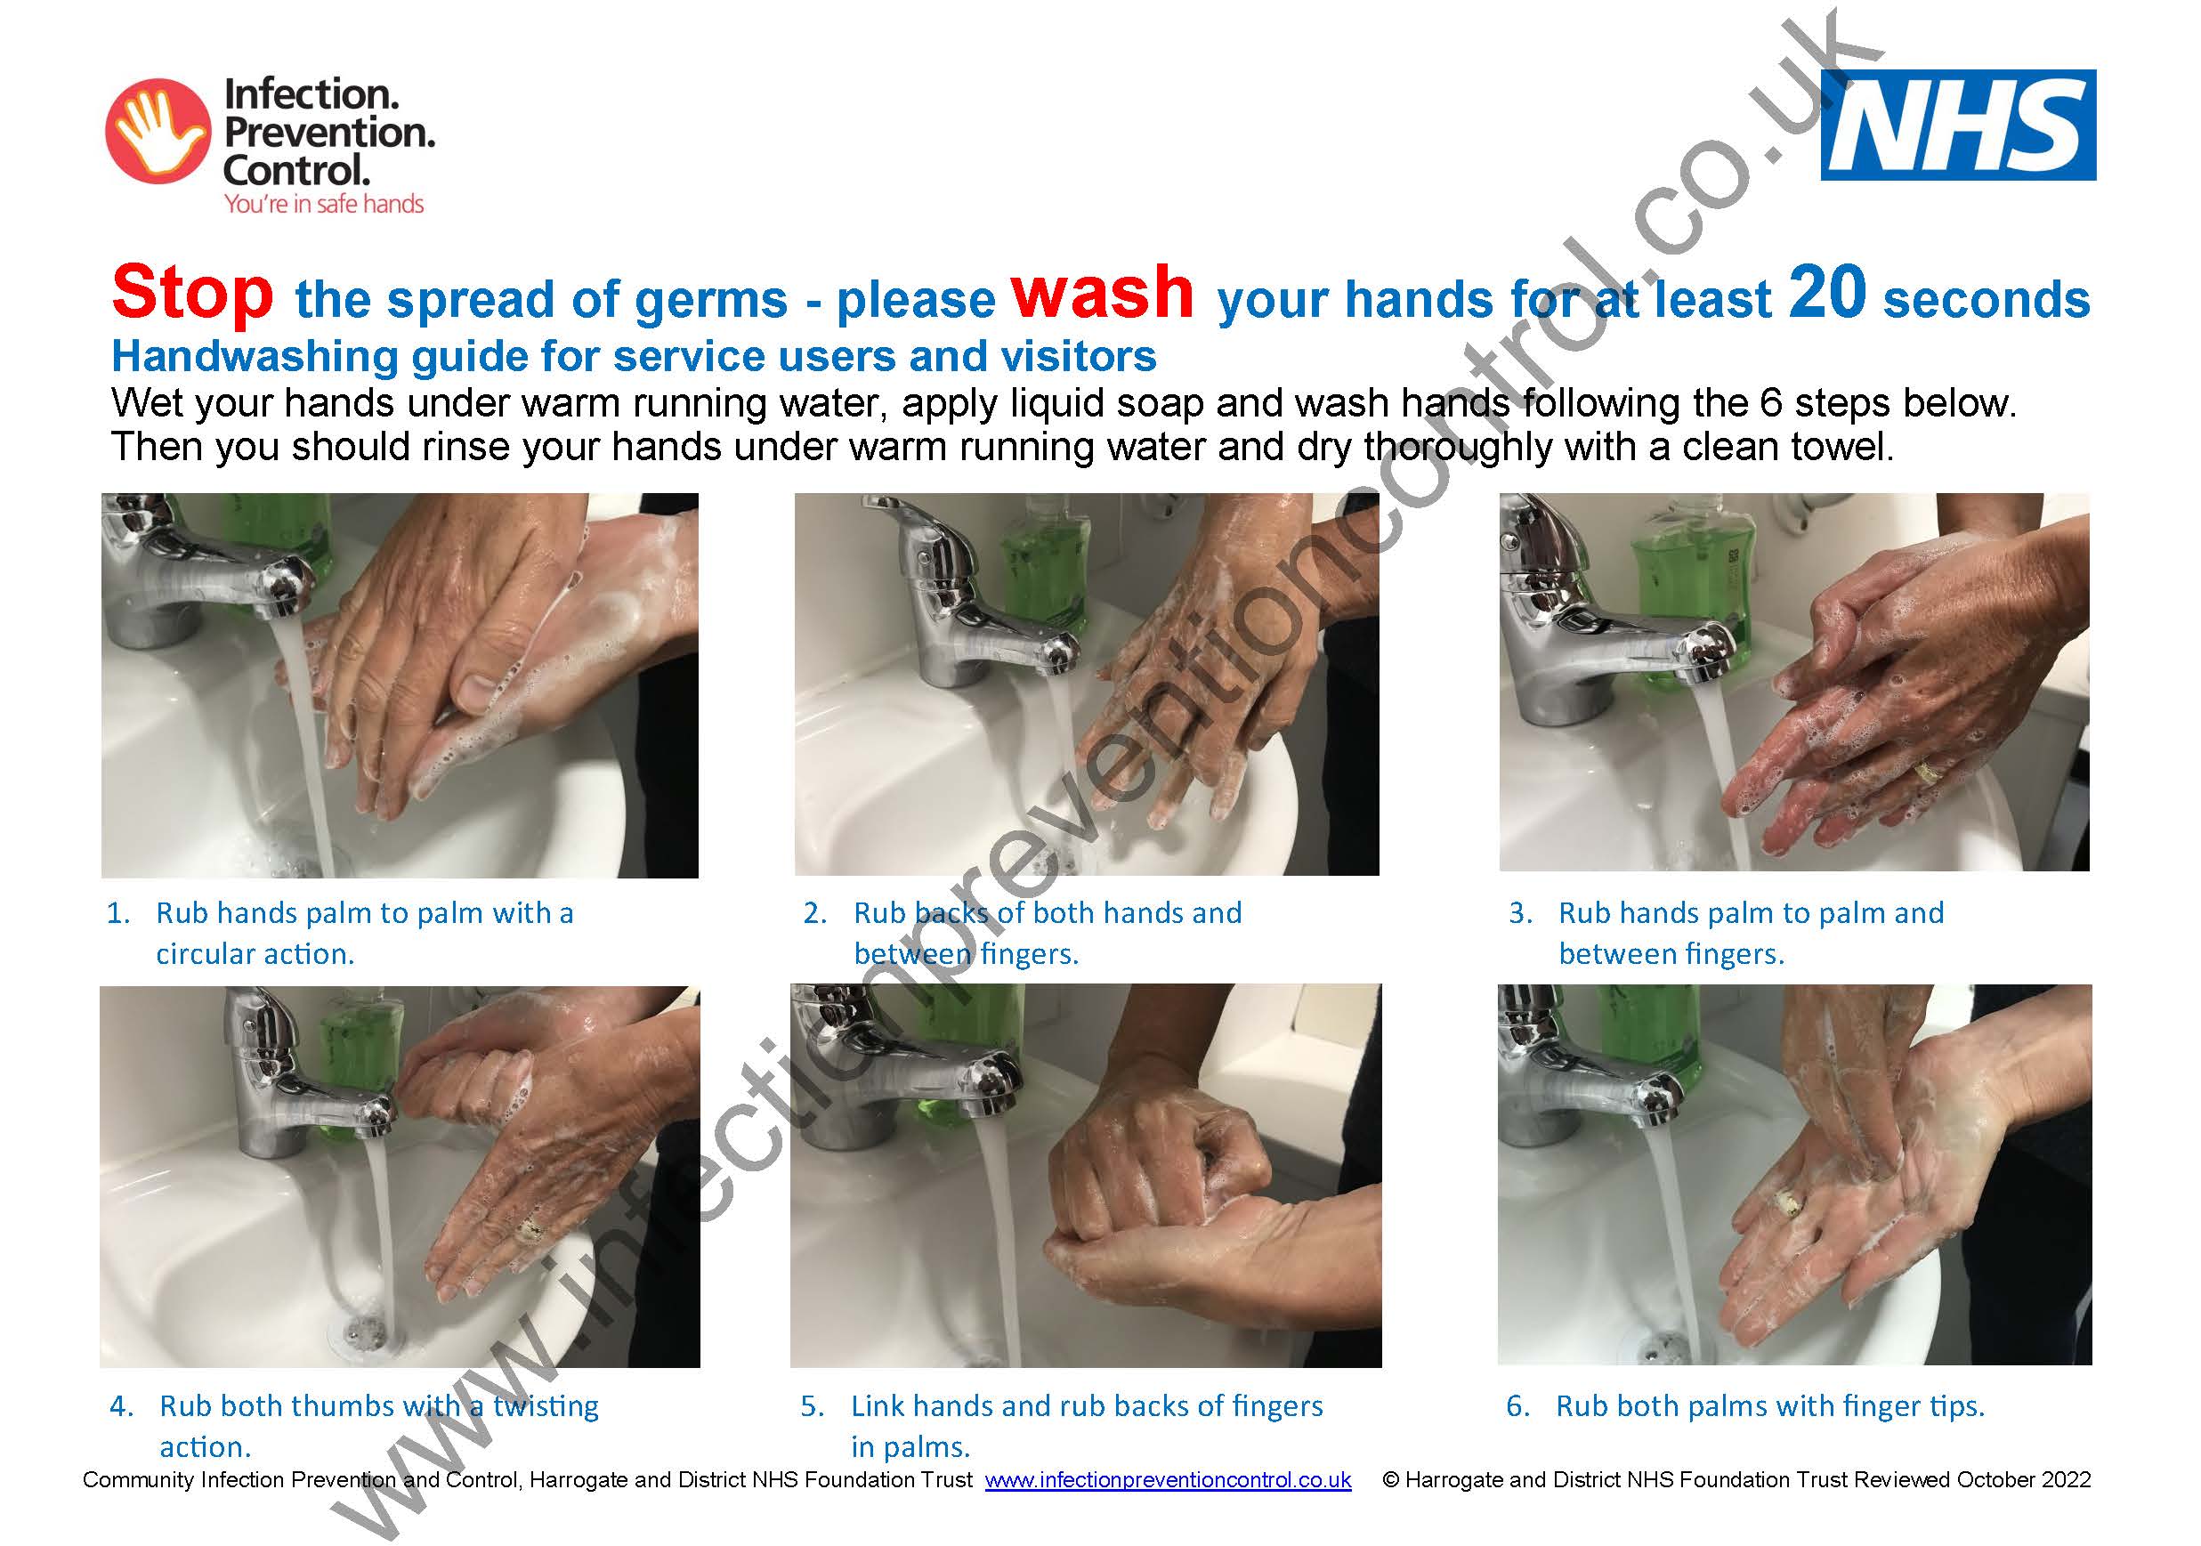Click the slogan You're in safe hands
coord(323,204)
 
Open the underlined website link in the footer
coord(1168,1480)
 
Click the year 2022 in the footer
coord(2066,1480)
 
